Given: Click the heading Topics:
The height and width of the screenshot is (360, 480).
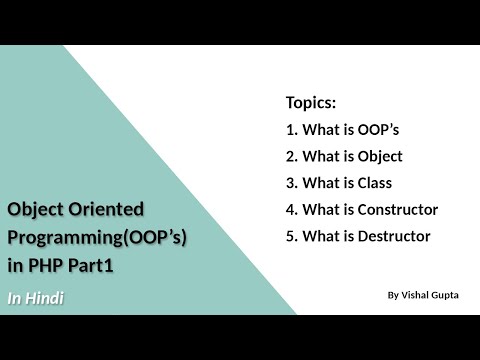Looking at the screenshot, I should pyautogui.click(x=310, y=103).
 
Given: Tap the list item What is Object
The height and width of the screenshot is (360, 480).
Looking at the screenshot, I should pyautogui.click(x=344, y=156).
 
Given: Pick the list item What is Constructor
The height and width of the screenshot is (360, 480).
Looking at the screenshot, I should pyautogui.click(x=362, y=210).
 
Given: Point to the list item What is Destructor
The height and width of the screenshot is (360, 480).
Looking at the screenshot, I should pyautogui.click(x=358, y=237).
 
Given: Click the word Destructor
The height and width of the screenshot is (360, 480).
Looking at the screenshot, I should pyautogui.click(x=395, y=237).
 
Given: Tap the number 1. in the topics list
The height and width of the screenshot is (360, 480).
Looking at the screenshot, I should pyautogui.click(x=292, y=129).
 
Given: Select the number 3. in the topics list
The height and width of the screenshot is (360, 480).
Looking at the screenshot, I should pyautogui.click(x=292, y=183).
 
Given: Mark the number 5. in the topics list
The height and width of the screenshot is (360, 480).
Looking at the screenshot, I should pyautogui.click(x=292, y=237).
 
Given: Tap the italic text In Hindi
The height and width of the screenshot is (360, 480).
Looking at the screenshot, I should pyautogui.click(x=36, y=298).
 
